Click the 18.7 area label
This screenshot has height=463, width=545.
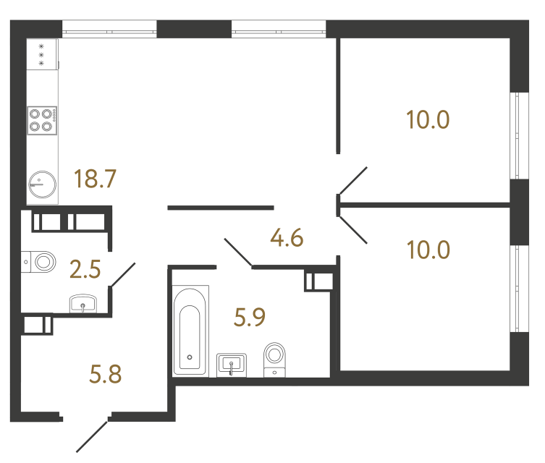click(96, 178)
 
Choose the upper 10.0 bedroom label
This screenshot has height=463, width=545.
click(428, 119)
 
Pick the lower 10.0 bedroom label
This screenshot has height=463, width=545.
click(428, 250)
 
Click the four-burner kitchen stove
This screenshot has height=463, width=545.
click(43, 119)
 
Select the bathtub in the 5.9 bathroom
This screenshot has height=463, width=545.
click(190, 331)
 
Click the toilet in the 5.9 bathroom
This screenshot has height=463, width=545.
click(275, 358)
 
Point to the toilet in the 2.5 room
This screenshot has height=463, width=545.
click(41, 261)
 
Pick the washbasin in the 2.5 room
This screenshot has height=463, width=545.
click(85, 305)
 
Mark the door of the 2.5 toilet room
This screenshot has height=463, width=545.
click(123, 275)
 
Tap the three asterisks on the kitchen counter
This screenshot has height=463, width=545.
click(41, 54)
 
